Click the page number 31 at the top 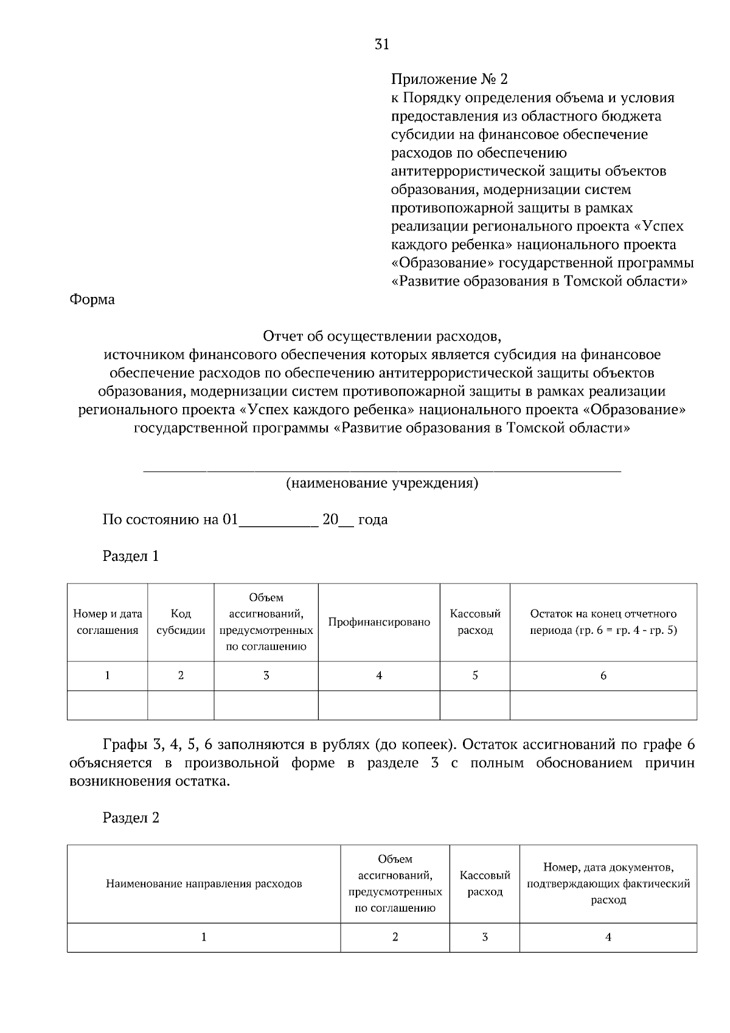click(x=382, y=44)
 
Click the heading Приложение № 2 click(x=449, y=79)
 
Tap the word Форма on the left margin click(x=92, y=299)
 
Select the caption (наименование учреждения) click(x=382, y=483)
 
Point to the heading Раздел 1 click(x=131, y=555)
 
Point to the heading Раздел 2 click(x=131, y=818)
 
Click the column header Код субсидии click(x=181, y=622)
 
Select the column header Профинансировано click(x=378, y=622)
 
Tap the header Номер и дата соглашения click(x=107, y=622)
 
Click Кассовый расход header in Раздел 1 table click(x=474, y=622)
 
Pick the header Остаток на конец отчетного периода click(x=603, y=622)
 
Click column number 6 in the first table click(x=603, y=675)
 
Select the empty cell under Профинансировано click(x=378, y=705)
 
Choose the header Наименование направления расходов click(x=204, y=883)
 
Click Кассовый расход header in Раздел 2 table click(x=484, y=883)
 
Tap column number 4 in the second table click(x=608, y=937)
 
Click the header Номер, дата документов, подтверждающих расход click(x=608, y=883)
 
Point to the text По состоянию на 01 click(x=171, y=520)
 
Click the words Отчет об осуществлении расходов click(x=382, y=336)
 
